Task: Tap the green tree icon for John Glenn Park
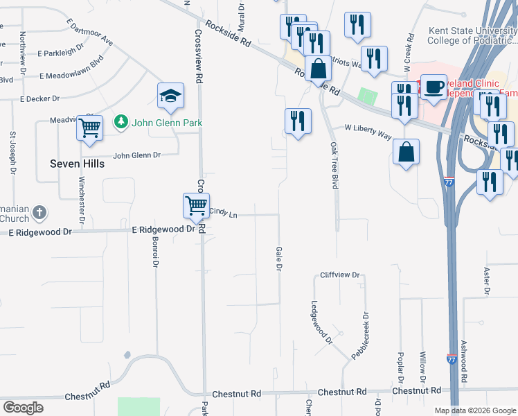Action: coord(122,122)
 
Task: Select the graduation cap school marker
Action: coord(170,97)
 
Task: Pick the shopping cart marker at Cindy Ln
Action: coord(197,206)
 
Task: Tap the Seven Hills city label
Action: coord(78,164)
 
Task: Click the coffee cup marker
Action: coord(434,87)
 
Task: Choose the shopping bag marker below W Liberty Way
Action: coord(406,152)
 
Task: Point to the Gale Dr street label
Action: coord(280,258)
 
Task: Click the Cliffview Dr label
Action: coord(341,275)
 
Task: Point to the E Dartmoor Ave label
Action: coord(90,33)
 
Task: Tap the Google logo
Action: coord(23,408)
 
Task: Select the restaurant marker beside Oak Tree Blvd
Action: coord(298,121)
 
